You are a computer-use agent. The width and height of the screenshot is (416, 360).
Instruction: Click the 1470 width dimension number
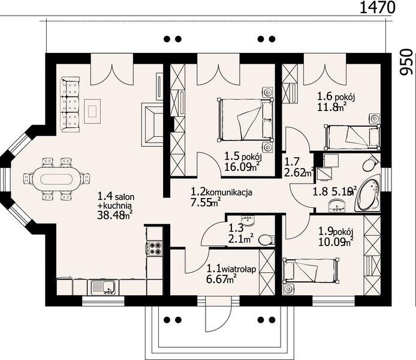[377, 7]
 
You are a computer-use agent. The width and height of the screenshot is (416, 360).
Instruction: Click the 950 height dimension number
[407, 62]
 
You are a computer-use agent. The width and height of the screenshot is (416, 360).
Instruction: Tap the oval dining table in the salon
[56, 179]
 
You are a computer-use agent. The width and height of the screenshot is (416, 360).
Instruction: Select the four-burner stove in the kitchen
[155, 248]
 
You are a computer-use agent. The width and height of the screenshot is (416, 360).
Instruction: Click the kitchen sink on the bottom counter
[103, 287]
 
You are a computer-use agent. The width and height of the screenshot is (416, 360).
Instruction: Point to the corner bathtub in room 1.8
[367, 195]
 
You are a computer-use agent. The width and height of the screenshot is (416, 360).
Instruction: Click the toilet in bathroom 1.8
[370, 163]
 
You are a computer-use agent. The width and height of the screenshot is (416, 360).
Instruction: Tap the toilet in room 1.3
[266, 240]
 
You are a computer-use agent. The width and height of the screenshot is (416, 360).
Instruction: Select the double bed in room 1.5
[245, 119]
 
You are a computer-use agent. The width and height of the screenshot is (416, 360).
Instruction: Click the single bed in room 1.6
[352, 136]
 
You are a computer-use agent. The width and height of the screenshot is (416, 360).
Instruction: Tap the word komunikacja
[229, 192]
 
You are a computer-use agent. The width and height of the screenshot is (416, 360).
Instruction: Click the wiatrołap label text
[239, 269]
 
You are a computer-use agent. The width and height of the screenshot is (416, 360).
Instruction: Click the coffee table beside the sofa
[92, 111]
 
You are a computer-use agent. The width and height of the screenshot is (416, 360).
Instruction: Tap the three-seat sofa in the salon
[70, 104]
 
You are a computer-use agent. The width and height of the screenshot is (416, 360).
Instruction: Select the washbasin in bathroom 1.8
[337, 206]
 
